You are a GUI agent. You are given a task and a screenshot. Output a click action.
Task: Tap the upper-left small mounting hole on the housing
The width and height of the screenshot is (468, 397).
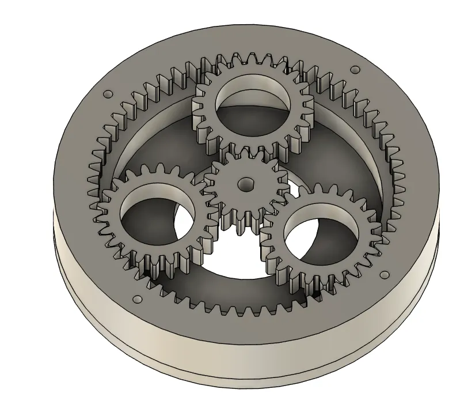106,94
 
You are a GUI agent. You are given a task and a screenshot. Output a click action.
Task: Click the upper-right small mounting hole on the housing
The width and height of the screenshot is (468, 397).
355,70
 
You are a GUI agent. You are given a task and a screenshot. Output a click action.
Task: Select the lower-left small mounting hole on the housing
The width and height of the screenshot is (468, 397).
137,299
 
